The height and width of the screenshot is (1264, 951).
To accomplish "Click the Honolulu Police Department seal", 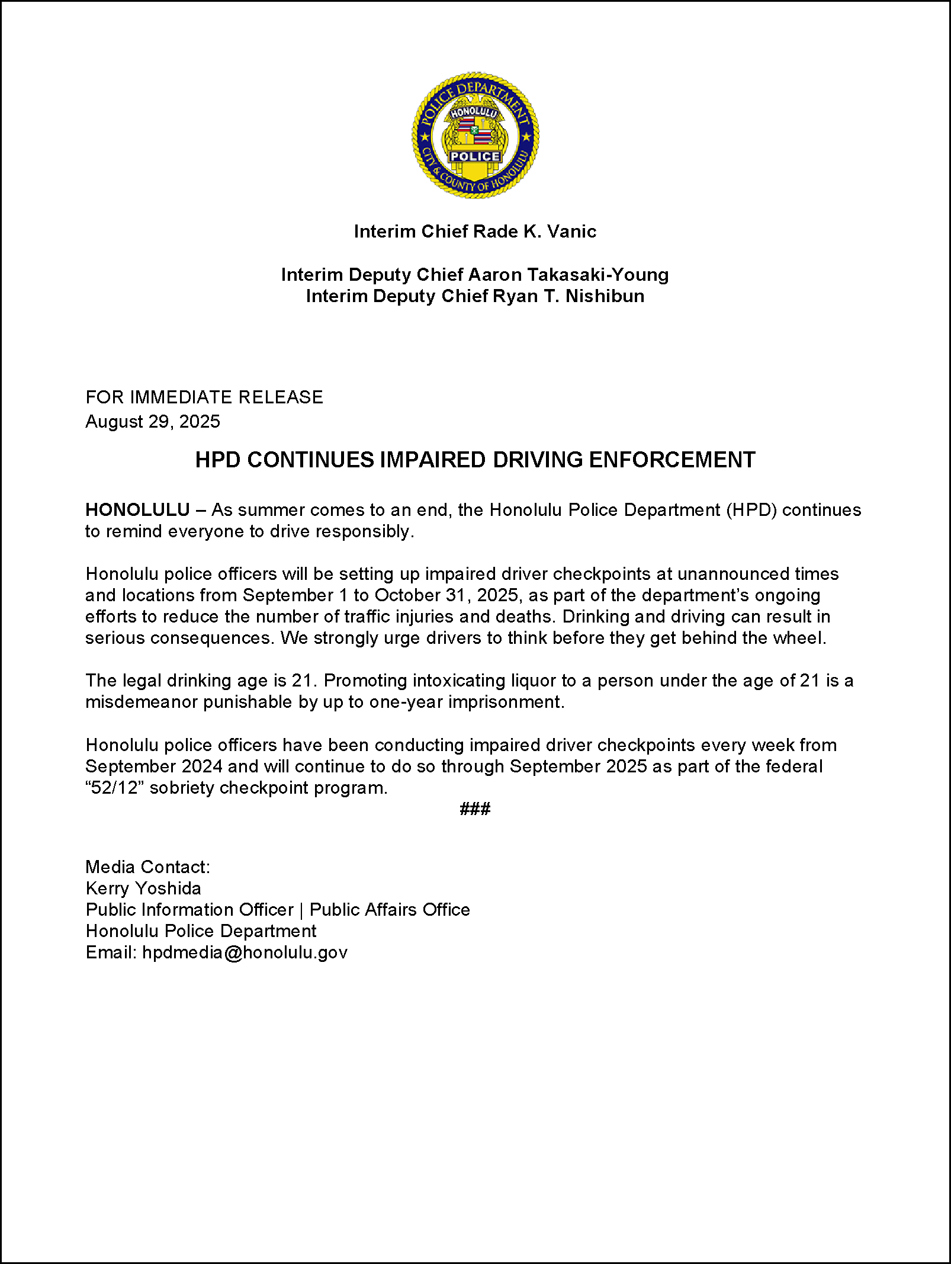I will tap(475, 136).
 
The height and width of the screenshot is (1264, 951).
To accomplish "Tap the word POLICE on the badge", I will tap(475, 156).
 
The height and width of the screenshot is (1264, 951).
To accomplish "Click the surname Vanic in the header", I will tap(571, 231).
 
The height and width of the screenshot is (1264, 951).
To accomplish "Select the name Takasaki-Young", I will tap(598, 274).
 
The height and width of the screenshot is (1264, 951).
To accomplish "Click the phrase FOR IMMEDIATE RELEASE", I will tap(204, 397).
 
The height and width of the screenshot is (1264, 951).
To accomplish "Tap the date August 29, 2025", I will tap(153, 421).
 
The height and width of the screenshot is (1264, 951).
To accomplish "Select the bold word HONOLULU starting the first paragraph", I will tap(137, 509).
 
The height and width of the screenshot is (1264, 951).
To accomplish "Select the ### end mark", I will tap(475, 809).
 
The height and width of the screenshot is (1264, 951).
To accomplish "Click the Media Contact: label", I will tap(148, 867).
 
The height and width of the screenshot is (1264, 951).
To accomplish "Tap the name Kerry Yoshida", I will tap(143, 888).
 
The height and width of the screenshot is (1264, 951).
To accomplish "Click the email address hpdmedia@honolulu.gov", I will tap(245, 952).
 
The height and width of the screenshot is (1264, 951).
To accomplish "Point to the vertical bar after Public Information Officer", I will tap(301, 910).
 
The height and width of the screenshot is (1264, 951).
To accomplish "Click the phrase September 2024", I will tap(154, 766).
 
